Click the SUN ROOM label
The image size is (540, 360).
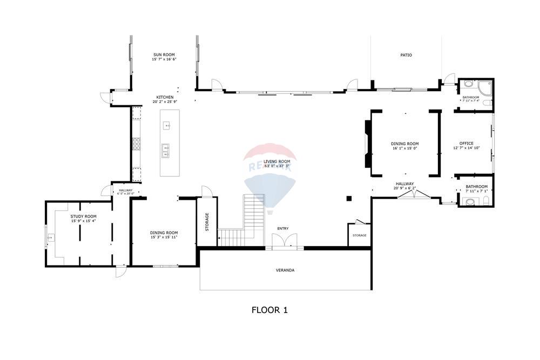164,55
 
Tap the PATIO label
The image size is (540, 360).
406,55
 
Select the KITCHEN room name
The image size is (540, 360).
165,97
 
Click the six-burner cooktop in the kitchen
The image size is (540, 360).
137,143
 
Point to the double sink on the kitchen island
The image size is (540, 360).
166,150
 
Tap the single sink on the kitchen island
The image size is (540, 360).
167,126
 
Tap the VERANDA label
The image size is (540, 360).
285,270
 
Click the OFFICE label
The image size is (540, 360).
466,144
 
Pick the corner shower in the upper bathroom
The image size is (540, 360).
486,86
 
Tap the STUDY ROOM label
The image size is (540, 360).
83,216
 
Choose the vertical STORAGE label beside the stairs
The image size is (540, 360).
207,222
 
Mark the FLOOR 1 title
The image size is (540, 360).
269,310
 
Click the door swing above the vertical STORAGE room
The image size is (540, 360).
206,192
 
